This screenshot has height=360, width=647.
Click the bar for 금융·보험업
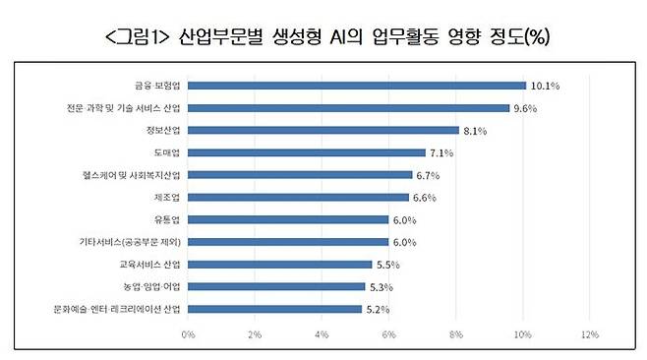click(x=356, y=86)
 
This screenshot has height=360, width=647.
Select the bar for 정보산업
click(x=323, y=130)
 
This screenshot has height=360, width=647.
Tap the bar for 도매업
click(x=306, y=152)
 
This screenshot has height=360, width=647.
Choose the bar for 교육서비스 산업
click(x=279, y=264)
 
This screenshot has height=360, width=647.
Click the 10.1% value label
click(x=545, y=86)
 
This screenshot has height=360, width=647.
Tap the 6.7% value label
click(x=428, y=175)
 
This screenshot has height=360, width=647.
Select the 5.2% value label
click(x=379, y=309)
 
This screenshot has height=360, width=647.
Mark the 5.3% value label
click(x=382, y=286)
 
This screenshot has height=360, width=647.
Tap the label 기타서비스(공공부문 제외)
click(x=130, y=242)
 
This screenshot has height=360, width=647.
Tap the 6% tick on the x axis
click(x=388, y=334)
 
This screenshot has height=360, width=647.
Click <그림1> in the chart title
click(x=136, y=37)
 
